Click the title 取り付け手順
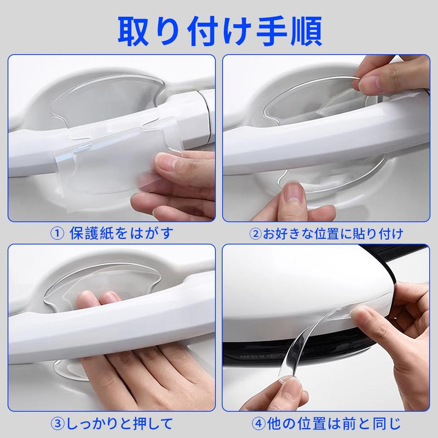pyautogui.click(x=219, y=32)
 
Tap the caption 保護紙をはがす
pyautogui.click(x=121, y=234)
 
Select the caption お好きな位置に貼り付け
pyautogui.click(x=332, y=234)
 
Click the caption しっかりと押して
pyautogui.click(x=118, y=423)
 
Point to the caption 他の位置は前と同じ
pyautogui.click(x=334, y=423)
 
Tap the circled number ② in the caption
pyautogui.click(x=255, y=234)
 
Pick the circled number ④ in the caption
pyautogui.click(x=258, y=423)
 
